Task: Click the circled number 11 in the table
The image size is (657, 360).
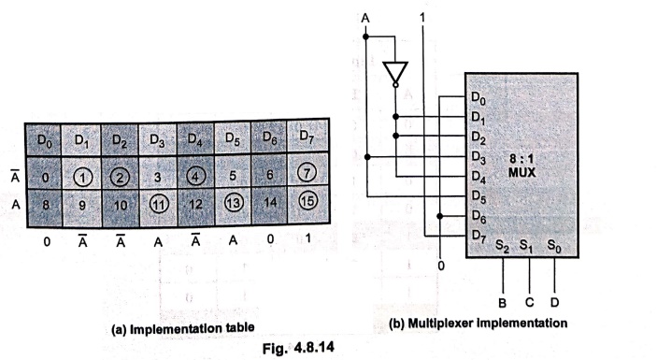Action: click(x=159, y=205)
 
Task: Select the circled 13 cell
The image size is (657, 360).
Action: click(x=233, y=203)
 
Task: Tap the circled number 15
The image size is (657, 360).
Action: click(x=307, y=201)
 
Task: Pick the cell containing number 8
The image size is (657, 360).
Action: click(x=45, y=206)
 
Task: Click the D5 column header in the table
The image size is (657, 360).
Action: click(x=233, y=137)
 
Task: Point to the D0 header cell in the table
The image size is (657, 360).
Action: click(x=44, y=140)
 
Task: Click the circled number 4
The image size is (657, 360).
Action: click(x=195, y=176)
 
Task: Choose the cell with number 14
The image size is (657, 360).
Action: click(x=269, y=203)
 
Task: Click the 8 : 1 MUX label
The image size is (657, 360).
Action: click(x=522, y=166)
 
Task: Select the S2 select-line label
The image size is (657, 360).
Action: click(x=502, y=247)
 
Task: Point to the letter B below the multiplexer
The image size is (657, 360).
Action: click(x=503, y=303)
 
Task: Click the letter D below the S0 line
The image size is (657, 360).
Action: click(x=554, y=302)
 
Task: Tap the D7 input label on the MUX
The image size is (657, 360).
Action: click(x=478, y=236)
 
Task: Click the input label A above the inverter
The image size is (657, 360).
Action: click(x=365, y=18)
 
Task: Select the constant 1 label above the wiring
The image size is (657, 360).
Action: click(x=422, y=17)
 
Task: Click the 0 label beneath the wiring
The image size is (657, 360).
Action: click(x=440, y=266)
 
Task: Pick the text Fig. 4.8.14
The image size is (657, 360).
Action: click(x=298, y=348)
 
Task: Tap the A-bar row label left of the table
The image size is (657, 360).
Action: click(x=15, y=177)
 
